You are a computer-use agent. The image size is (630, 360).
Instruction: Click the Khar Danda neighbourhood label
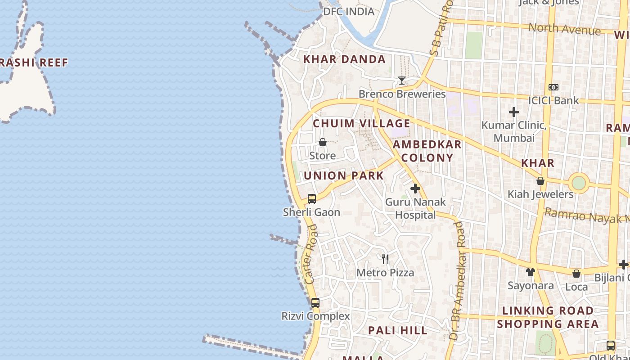pos(344,59)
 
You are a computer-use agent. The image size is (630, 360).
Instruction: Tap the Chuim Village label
pos(361,123)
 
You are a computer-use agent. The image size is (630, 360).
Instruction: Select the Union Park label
pos(344,175)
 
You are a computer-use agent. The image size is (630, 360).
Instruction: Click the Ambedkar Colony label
pos(427,151)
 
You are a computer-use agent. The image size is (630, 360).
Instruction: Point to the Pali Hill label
pos(398,330)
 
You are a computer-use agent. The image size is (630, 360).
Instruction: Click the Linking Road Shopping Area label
pos(548,317)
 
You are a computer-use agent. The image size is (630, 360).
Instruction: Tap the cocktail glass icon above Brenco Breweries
pos(402,81)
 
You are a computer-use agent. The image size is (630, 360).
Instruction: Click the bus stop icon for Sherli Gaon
pos(311,198)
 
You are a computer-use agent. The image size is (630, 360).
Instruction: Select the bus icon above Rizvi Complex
pos(315,302)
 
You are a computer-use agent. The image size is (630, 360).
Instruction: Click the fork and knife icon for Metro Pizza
pos(385,259)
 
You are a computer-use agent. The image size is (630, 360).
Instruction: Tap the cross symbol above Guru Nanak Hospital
pos(415,189)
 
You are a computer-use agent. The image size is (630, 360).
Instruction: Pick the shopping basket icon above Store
pos(323,143)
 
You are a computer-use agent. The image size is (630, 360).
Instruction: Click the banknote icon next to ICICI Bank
pos(553,87)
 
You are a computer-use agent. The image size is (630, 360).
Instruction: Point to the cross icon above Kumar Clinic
pos(514,112)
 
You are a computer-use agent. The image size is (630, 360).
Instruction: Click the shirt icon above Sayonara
pos(531,272)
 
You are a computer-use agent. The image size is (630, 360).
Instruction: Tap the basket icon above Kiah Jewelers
pos(540,181)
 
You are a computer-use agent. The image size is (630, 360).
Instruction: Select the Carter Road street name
pos(311,254)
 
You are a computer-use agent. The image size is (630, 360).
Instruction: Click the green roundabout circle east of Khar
pos(579,183)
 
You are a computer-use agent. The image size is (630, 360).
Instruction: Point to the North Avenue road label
pos(564,29)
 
